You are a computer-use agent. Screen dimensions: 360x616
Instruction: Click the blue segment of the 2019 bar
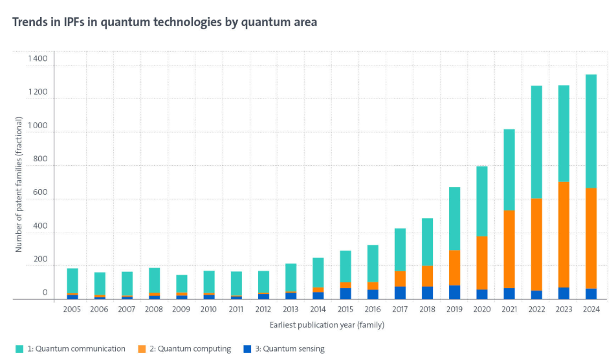(x=454, y=292)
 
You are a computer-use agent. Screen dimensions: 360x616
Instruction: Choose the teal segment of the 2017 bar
(x=400, y=249)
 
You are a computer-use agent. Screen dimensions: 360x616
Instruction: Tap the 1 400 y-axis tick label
(x=37, y=59)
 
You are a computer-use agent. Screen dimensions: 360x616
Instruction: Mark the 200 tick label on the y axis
(x=41, y=260)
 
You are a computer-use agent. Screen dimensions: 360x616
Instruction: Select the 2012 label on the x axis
(x=264, y=310)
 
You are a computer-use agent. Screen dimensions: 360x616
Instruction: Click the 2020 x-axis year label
(x=482, y=310)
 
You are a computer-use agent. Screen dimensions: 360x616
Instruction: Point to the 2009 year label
(x=182, y=310)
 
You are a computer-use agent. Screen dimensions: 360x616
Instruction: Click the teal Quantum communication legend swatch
(x=20, y=349)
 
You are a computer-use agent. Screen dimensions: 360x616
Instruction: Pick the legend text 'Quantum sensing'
(x=292, y=349)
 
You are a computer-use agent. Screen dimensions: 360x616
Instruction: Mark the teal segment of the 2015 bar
(x=346, y=266)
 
